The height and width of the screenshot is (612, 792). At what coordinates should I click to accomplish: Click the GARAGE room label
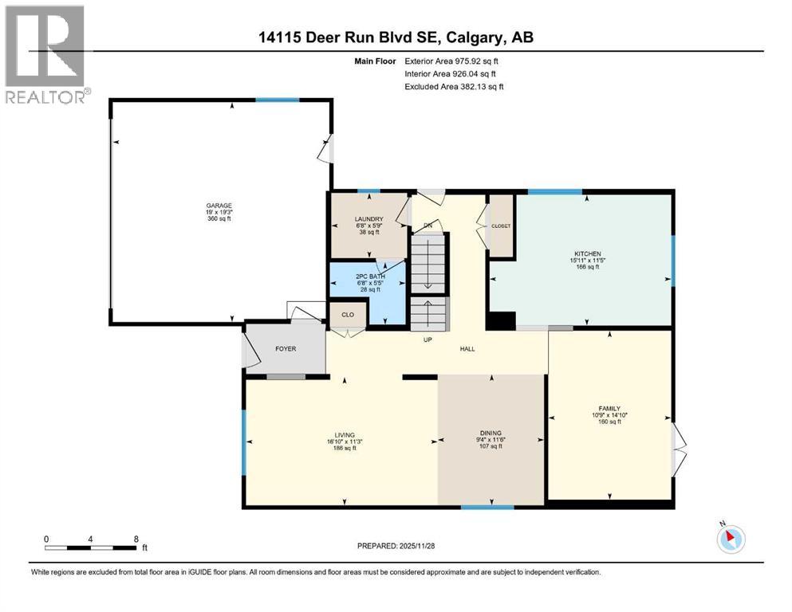point(219,206)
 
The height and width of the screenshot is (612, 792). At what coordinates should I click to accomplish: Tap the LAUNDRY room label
point(368,219)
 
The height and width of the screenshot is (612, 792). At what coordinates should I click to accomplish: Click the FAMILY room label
point(609,408)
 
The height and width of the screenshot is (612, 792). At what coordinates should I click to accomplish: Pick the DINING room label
point(490,433)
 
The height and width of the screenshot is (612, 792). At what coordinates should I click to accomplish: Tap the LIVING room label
point(344,435)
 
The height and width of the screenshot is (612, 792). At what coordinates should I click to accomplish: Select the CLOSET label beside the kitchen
point(501,226)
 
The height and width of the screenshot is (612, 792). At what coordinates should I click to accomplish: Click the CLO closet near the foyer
point(348,315)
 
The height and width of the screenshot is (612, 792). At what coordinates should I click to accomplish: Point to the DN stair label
point(428,226)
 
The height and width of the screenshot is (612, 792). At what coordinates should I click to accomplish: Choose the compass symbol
point(731,539)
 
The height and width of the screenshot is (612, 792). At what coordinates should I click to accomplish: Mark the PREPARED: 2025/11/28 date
point(396,546)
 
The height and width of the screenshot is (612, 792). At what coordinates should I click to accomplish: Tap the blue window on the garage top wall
point(277,100)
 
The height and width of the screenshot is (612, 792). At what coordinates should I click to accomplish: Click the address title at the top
point(395,37)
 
